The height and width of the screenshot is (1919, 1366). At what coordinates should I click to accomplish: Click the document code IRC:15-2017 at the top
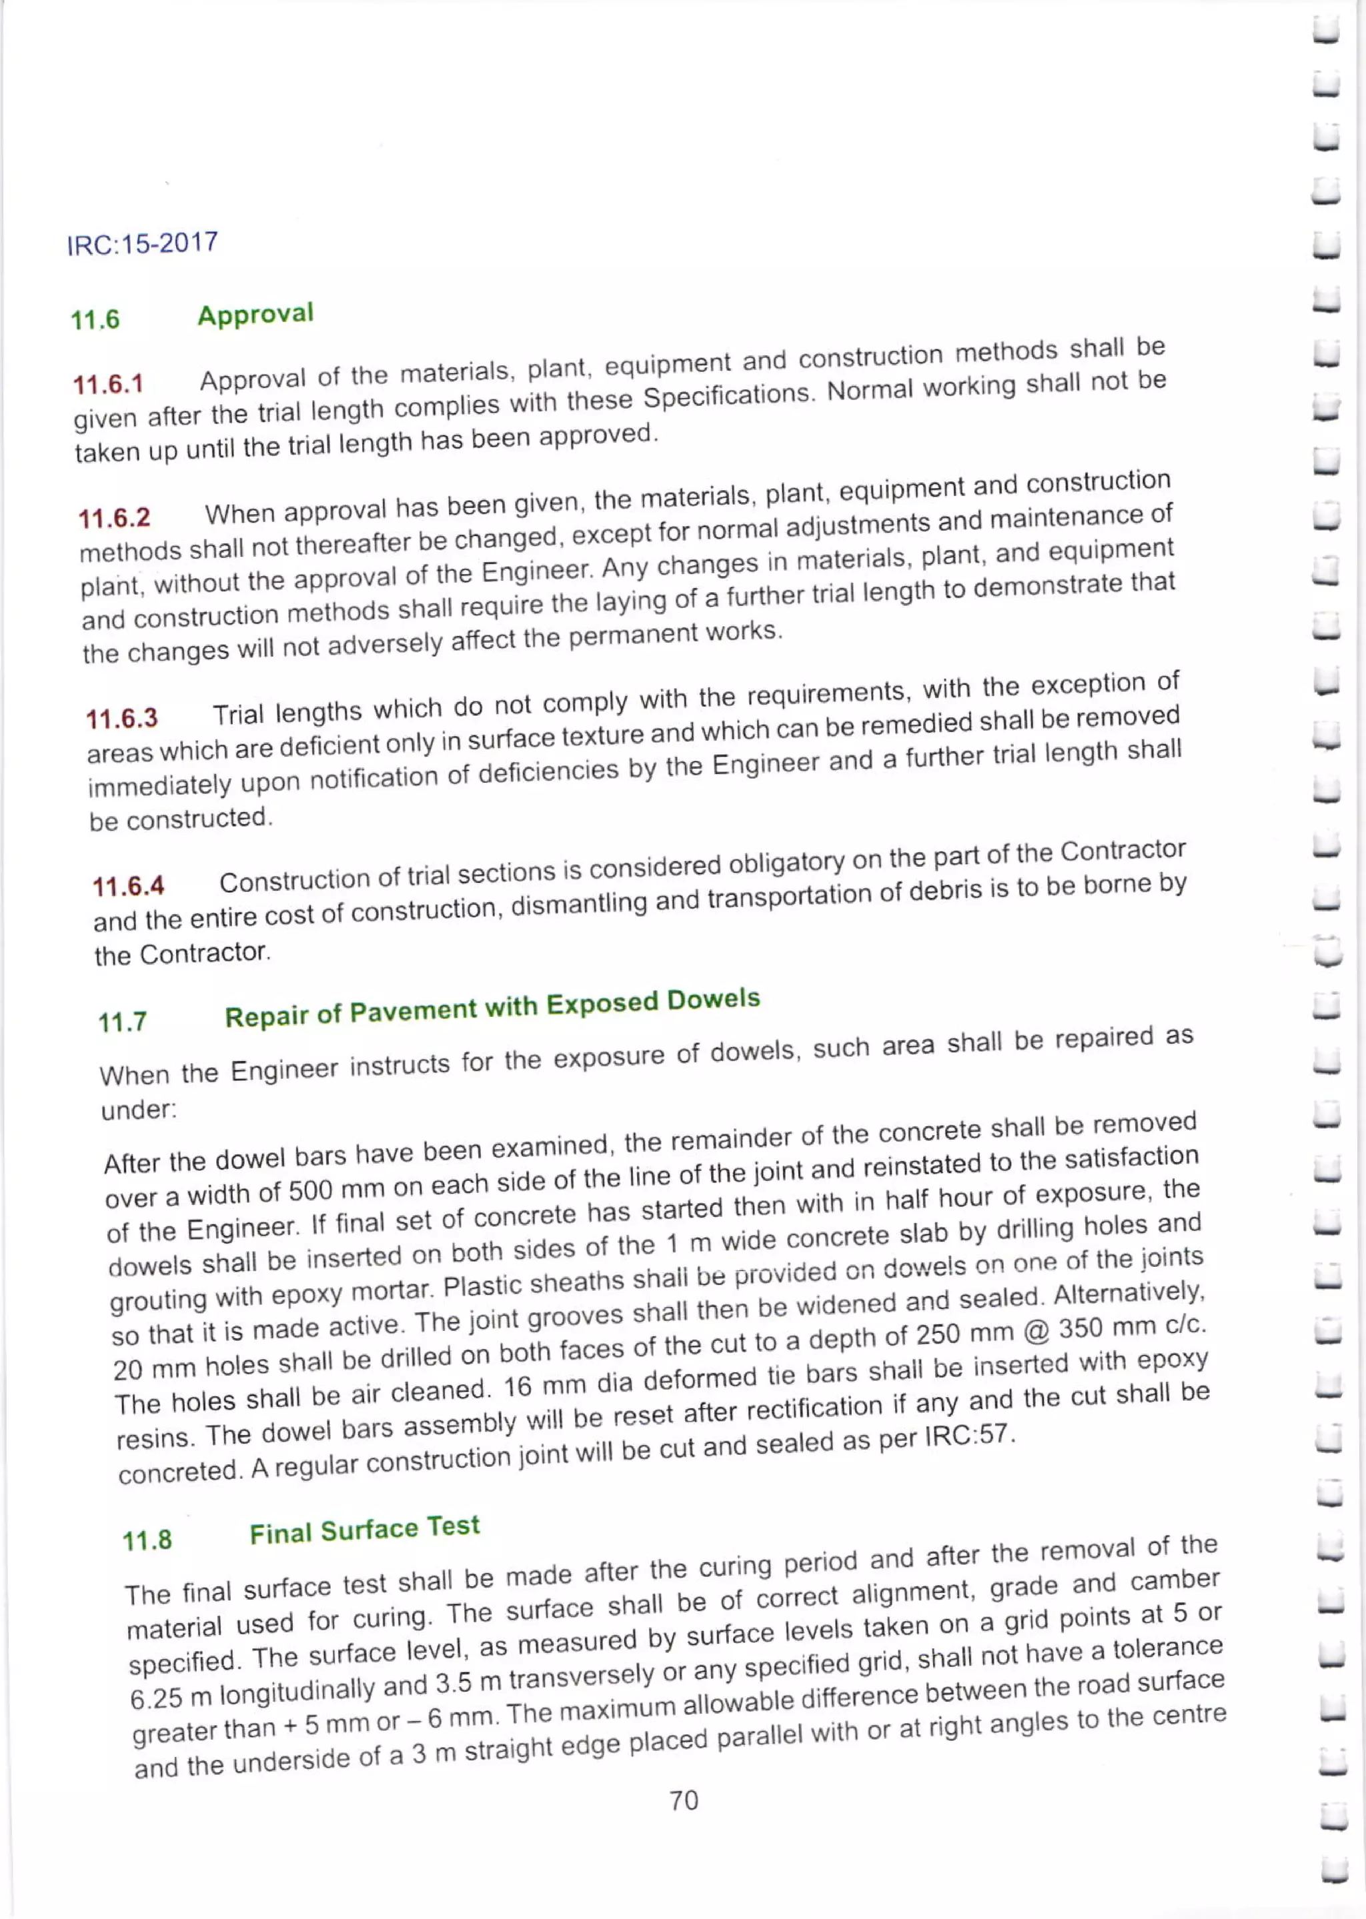pyautogui.click(x=142, y=244)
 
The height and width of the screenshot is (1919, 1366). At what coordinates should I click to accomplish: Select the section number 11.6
pyautogui.click(x=95, y=319)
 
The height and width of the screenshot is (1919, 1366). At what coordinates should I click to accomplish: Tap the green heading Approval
pyautogui.click(x=255, y=315)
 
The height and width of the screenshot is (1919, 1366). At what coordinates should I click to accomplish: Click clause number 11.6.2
pyautogui.click(x=115, y=517)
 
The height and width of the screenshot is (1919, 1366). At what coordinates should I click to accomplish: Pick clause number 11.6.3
pyautogui.click(x=122, y=718)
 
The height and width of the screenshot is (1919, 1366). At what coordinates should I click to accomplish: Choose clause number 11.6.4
pyautogui.click(x=129, y=885)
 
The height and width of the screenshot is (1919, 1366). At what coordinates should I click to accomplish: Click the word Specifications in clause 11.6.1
pyautogui.click(x=728, y=396)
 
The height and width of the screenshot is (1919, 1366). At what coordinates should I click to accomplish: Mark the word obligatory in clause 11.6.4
pyautogui.click(x=786, y=862)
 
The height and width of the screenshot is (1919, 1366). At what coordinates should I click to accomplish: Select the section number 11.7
pyautogui.click(x=123, y=1022)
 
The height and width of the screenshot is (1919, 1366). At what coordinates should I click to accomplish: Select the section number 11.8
pyautogui.click(x=147, y=1540)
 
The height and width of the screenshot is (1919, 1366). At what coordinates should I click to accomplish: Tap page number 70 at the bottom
pyautogui.click(x=683, y=1800)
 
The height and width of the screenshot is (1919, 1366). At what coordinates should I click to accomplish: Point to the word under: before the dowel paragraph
pyautogui.click(x=139, y=1110)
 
